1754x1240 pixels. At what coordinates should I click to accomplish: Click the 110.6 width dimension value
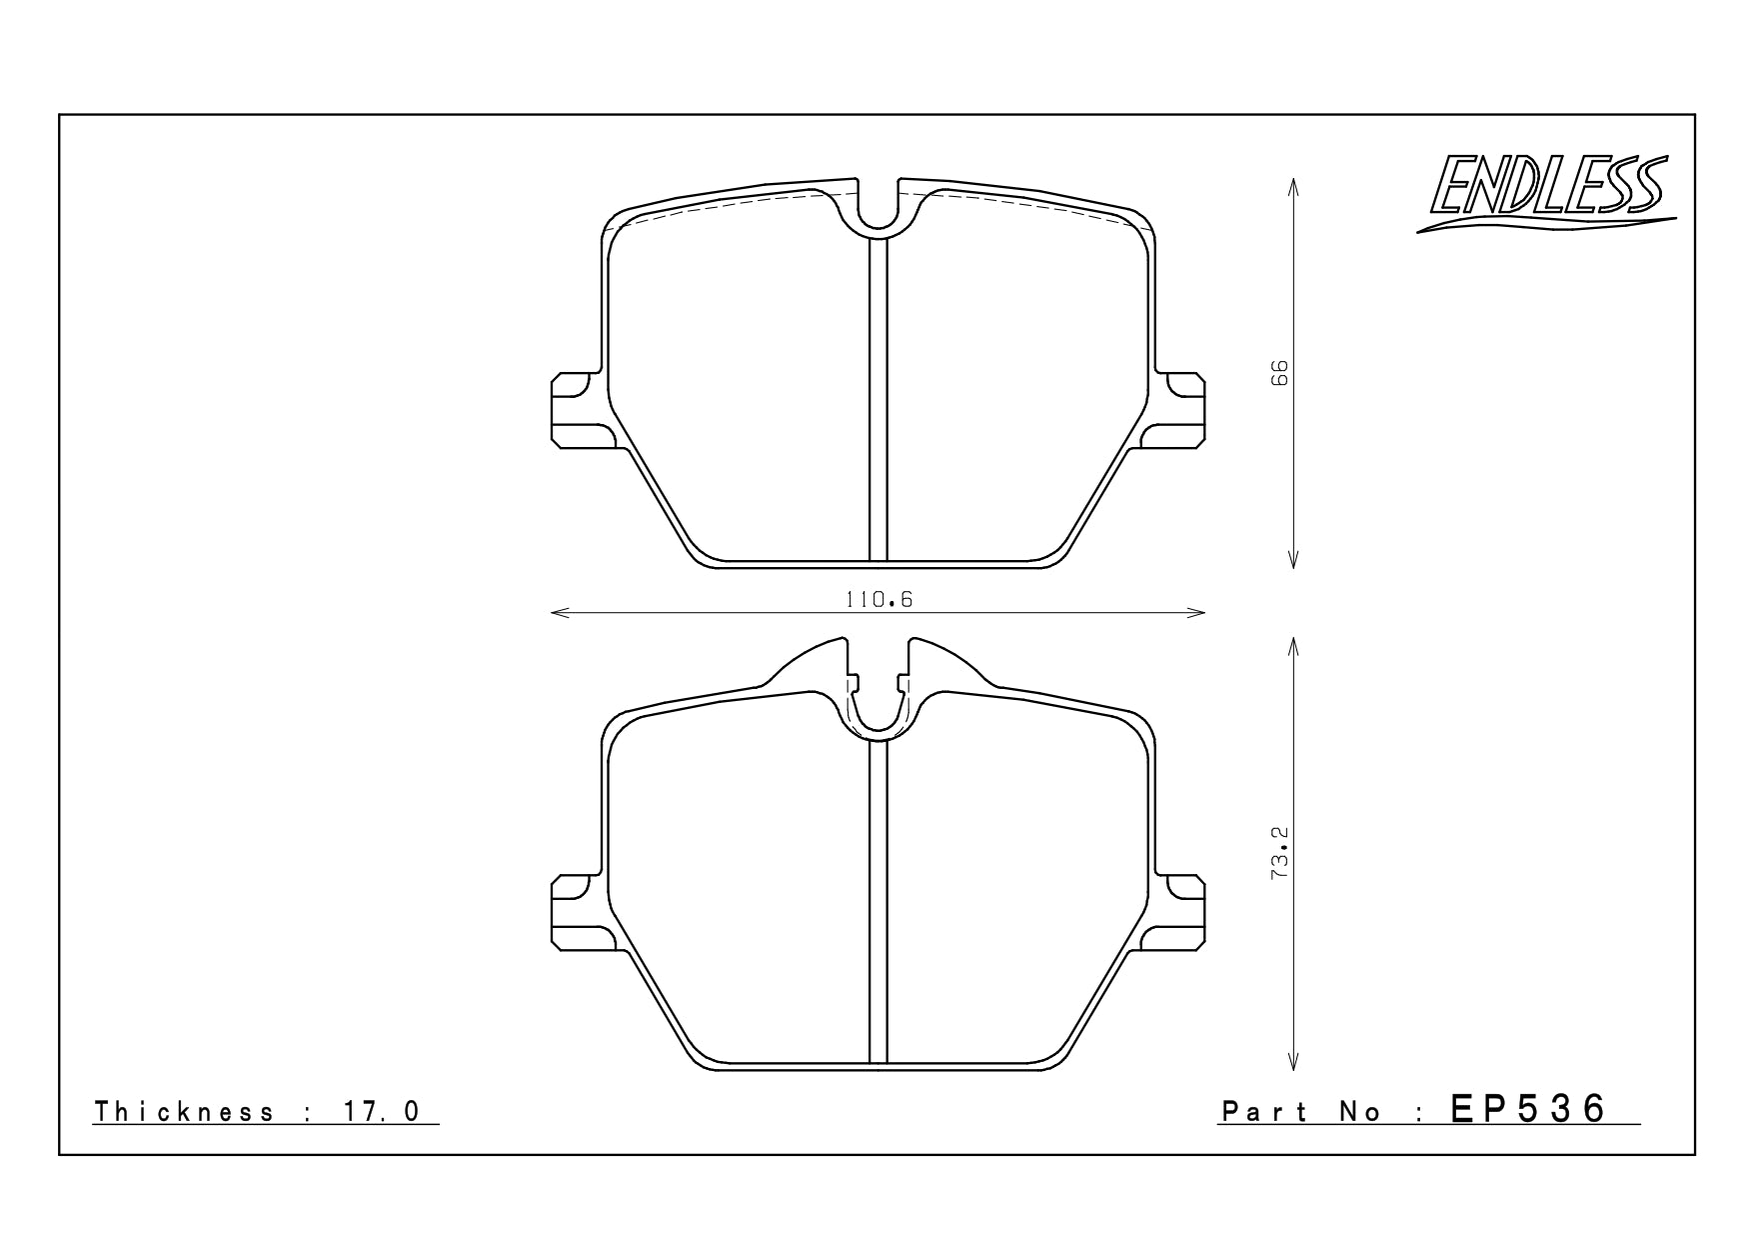[x=879, y=600]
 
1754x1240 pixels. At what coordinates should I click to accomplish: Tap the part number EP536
[x=1529, y=1108]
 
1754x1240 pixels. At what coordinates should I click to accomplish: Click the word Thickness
[x=184, y=1112]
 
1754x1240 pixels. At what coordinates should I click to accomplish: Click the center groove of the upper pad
[x=878, y=400]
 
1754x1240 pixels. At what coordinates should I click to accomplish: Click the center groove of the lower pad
[x=878, y=900]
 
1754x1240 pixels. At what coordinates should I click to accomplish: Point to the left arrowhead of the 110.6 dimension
[x=556, y=612]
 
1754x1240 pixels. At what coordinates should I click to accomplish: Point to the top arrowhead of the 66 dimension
[x=1293, y=184]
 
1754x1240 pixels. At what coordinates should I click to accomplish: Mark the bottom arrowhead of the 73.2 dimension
[x=1293, y=1065]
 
